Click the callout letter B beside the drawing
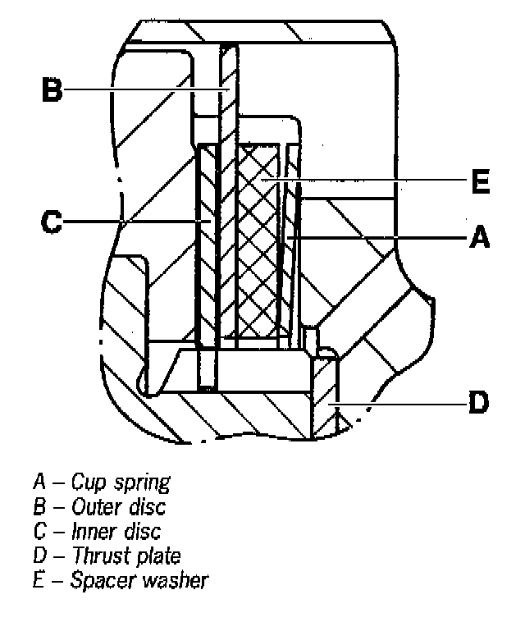[52, 89]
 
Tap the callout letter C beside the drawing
[52, 222]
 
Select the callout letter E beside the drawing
[481, 182]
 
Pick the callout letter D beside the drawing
[479, 403]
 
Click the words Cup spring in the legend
[121, 481]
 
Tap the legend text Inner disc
[116, 530]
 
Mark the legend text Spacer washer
[139, 580]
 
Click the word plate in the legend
[161, 556]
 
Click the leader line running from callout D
[402, 403]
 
